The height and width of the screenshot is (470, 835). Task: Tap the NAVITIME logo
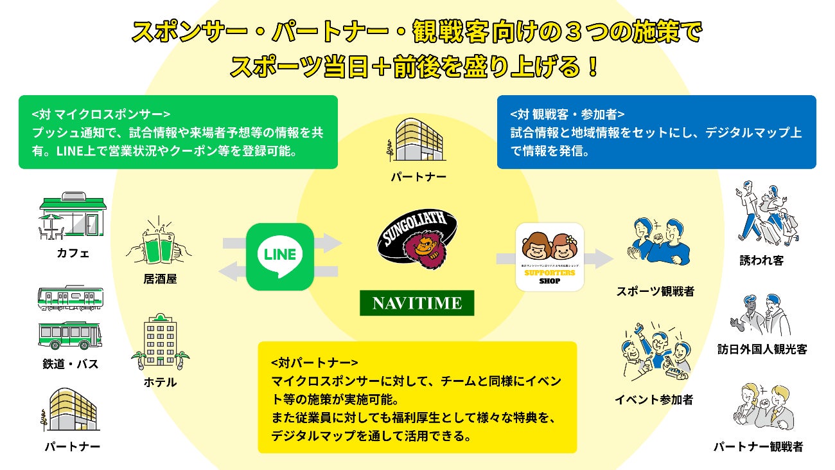click(x=417, y=303)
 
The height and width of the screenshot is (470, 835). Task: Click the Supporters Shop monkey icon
click(x=550, y=257)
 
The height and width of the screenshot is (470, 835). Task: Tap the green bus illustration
click(x=71, y=334)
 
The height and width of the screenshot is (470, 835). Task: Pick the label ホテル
click(x=160, y=383)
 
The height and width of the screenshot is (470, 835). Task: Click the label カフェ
click(x=73, y=253)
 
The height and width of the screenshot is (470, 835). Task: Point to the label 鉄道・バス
click(x=71, y=365)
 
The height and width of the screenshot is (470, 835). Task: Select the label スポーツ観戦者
click(x=655, y=291)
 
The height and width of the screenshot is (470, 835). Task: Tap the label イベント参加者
click(x=654, y=400)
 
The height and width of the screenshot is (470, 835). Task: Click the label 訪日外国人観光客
click(x=762, y=350)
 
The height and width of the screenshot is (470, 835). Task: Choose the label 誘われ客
click(x=762, y=261)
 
